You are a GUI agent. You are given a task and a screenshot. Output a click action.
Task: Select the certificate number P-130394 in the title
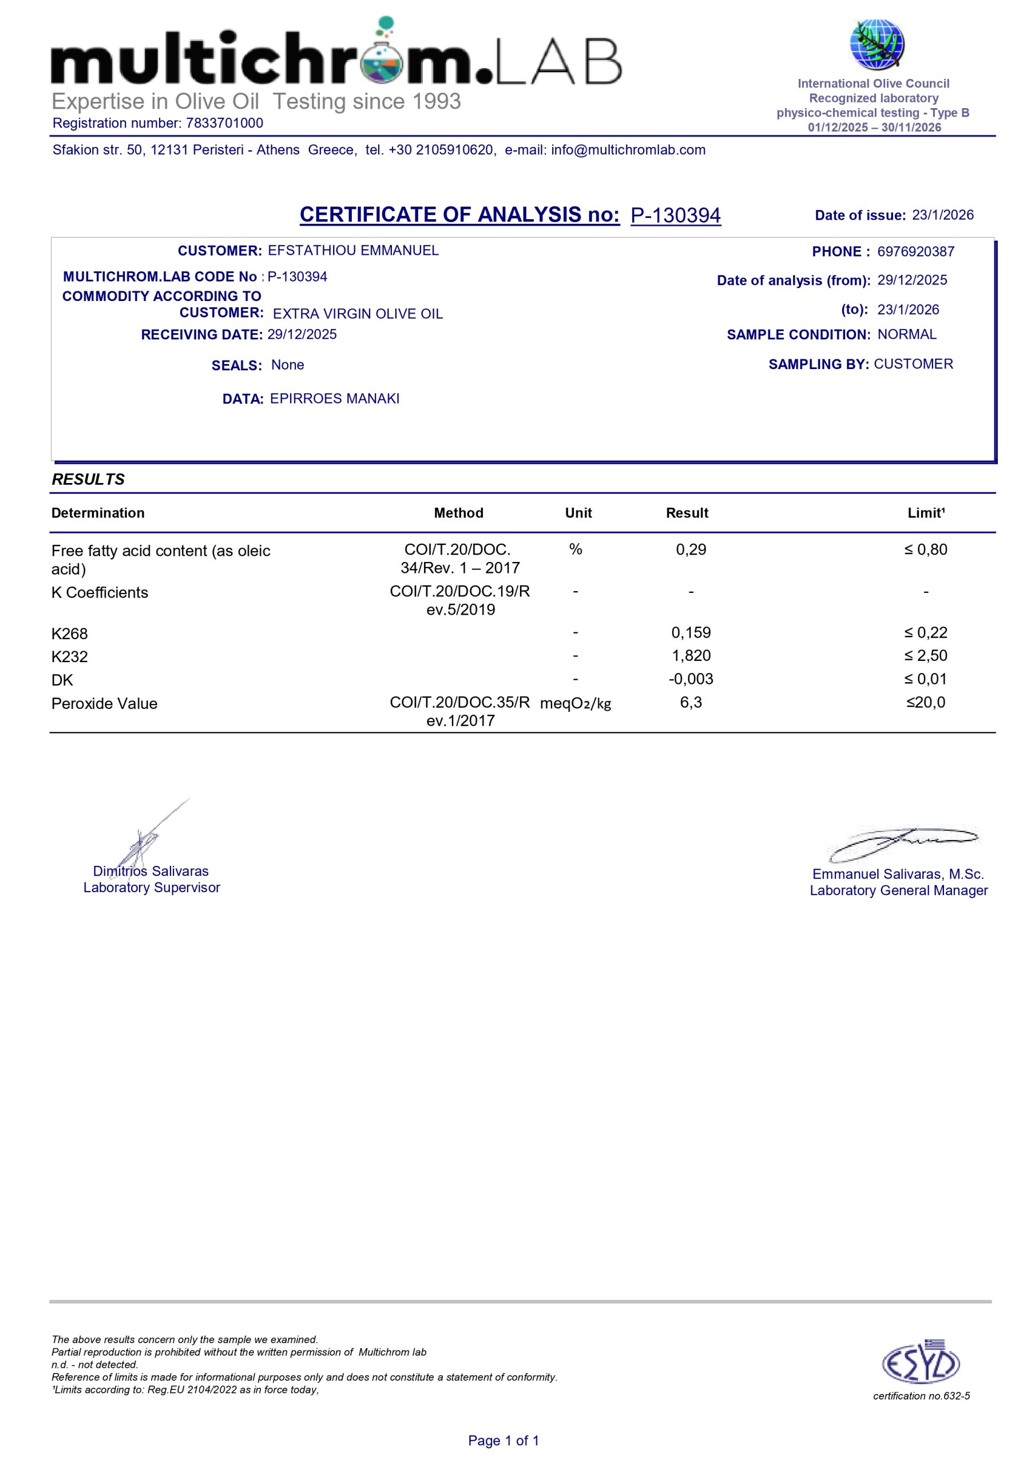[675, 216]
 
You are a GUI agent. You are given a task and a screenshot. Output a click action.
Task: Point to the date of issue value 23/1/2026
[942, 215]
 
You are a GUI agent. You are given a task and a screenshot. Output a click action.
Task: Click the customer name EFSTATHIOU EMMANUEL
[353, 250]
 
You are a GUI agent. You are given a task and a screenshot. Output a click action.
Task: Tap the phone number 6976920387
[915, 251]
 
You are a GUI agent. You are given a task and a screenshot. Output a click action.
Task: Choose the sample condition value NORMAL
[907, 334]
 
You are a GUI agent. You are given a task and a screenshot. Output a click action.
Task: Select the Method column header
[458, 513]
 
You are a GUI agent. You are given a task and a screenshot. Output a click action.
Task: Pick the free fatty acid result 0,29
[691, 549]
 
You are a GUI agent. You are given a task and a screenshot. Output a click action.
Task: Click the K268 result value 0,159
[691, 633]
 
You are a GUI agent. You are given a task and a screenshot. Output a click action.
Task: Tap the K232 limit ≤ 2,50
[925, 656]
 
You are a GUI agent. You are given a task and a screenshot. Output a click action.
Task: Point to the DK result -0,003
[691, 679]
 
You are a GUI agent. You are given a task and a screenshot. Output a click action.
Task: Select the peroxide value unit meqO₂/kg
[575, 704]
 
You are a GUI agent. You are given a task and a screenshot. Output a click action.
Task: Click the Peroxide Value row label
[104, 704]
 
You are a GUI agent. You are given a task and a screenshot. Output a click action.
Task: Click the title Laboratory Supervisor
[151, 888]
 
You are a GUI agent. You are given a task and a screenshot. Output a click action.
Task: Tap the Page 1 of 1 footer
[503, 1440]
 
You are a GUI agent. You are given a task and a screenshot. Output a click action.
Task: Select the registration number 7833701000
[225, 123]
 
